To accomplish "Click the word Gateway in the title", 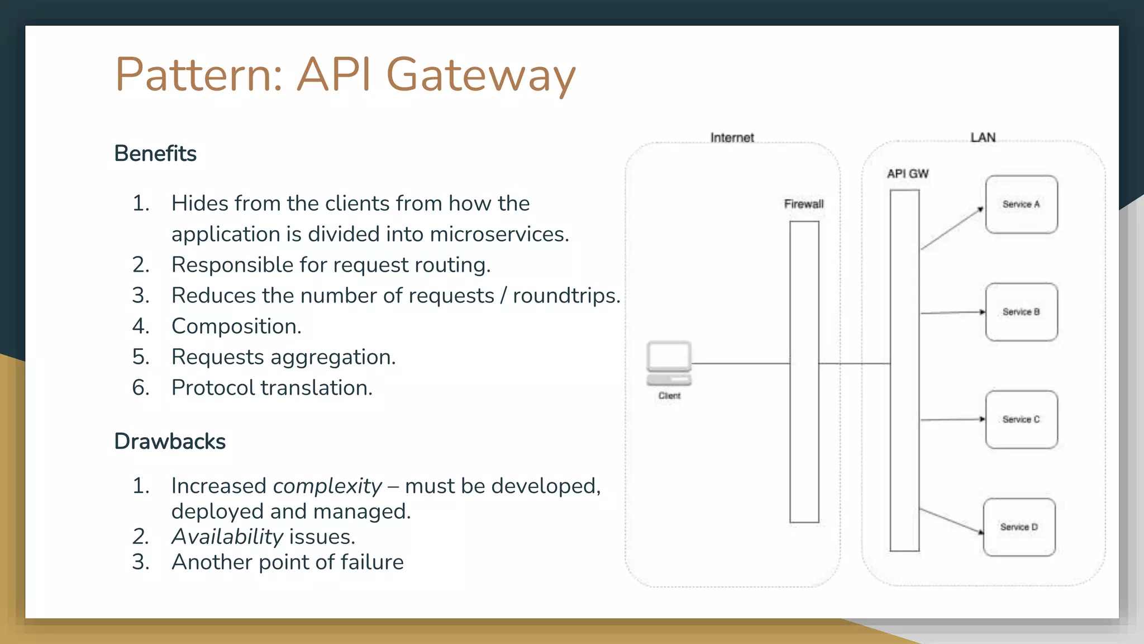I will pos(480,75).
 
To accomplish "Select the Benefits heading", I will pos(155,154).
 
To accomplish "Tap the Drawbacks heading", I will pos(170,442).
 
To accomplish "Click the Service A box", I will pos(1021,205).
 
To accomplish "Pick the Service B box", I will pos(1021,312).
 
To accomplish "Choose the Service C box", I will pos(1021,419).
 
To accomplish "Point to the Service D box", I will pos(1019,527).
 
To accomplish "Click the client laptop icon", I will pos(669,363).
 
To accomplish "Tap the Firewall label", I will pos(803,204).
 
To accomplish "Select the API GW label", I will pos(907,174).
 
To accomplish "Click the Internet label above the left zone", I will pos(732,138).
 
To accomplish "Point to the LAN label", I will pos(983,138).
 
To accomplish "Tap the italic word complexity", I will pos(327,486).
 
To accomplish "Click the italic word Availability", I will pos(227,537).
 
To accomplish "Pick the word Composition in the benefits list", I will pos(236,326).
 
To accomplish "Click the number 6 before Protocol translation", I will pos(140,388).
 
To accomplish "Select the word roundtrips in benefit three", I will pos(565,296).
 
